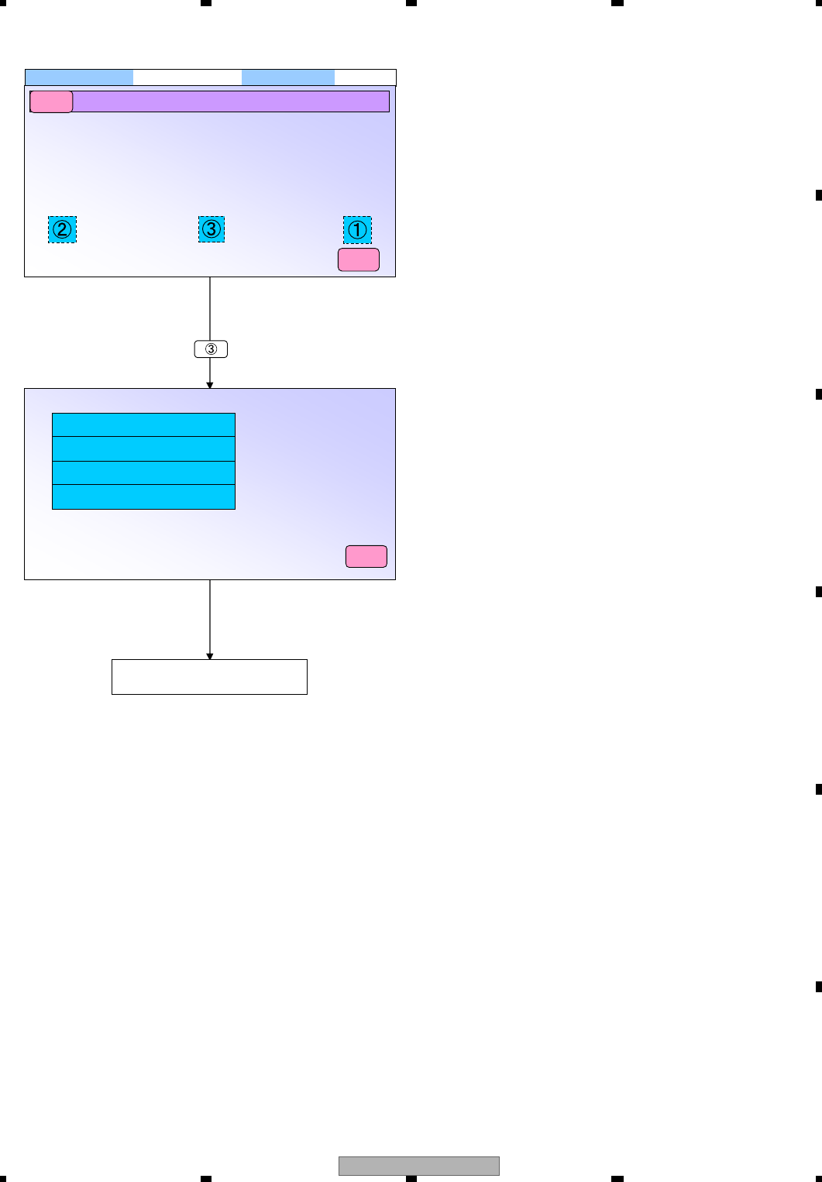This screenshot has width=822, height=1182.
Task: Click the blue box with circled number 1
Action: pos(357,230)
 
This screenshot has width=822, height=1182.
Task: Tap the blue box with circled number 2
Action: pos(62,229)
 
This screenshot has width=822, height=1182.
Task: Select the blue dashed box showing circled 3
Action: pos(212,229)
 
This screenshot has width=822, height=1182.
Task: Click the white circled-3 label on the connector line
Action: pos(211,349)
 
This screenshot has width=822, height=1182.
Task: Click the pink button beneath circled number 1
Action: pos(359,260)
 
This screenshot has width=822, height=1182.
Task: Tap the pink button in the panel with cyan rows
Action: pos(366,556)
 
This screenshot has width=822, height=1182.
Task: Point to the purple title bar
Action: pos(231,101)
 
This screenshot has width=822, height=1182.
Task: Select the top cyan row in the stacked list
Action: pos(143,425)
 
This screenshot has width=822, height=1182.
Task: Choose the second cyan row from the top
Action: pos(143,449)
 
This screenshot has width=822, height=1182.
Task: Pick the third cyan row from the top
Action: pos(143,473)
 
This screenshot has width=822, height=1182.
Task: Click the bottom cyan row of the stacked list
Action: pos(143,497)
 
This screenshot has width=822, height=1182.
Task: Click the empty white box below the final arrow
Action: pos(209,677)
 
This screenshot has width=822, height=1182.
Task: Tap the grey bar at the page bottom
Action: pos(419,1166)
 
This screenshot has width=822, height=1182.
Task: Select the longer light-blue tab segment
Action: pos(79,77)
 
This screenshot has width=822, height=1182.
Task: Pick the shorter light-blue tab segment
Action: pos(288,77)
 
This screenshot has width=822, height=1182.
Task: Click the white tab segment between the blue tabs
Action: pos(187,77)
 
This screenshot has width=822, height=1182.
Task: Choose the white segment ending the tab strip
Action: pos(365,77)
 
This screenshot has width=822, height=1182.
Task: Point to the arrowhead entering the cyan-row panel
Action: pos(210,385)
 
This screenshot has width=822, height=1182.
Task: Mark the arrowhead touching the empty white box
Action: pos(210,656)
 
